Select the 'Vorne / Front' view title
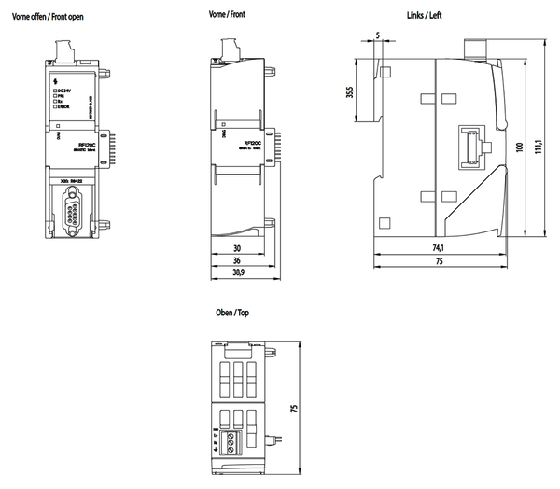(x=231, y=17)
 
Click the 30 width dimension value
(x=236, y=249)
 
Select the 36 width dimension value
(x=236, y=261)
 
